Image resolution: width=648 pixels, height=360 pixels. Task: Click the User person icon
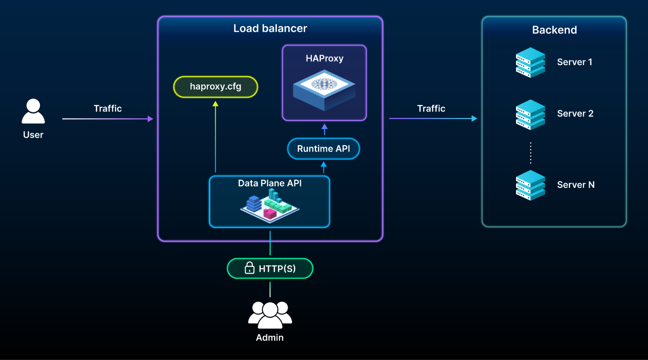(33, 111)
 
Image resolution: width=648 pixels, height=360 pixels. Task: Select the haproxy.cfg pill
(216, 87)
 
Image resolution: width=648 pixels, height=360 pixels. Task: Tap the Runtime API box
(324, 149)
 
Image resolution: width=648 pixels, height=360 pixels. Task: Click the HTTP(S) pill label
(277, 269)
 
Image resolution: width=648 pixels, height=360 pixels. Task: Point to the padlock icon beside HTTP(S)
(249, 268)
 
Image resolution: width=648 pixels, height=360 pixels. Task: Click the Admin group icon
(270, 315)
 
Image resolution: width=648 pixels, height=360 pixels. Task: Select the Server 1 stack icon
(530, 63)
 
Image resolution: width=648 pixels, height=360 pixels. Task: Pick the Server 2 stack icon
(530, 115)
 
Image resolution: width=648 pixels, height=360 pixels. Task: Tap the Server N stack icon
(530, 185)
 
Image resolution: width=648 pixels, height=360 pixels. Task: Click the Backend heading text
(554, 30)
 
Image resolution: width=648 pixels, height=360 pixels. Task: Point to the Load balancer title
(270, 29)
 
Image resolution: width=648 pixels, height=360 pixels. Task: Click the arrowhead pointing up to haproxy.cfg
(215, 104)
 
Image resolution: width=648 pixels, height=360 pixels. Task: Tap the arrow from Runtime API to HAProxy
(324, 129)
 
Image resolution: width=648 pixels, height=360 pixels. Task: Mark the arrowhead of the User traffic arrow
(150, 119)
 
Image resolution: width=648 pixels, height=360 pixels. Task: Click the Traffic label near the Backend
(431, 109)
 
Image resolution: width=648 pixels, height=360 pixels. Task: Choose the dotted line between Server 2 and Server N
(530, 153)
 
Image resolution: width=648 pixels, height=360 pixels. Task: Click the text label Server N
(576, 185)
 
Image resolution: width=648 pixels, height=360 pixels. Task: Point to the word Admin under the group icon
(270, 338)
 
